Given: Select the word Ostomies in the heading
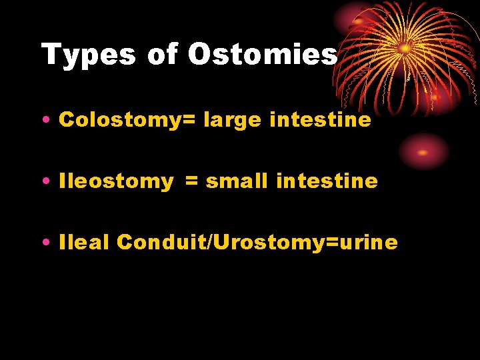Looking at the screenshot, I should pyautogui.click(x=262, y=55).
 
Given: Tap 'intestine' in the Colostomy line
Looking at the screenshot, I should pyautogui.click(x=321, y=119).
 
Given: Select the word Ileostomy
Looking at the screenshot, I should pyautogui.click(x=116, y=182).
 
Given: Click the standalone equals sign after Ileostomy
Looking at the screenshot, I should pyautogui.click(x=191, y=181).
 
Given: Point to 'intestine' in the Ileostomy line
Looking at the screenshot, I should pyautogui.click(x=327, y=181).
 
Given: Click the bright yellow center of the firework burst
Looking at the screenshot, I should pyautogui.click(x=404, y=48).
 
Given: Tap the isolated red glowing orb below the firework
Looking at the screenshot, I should pyautogui.click(x=423, y=151).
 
